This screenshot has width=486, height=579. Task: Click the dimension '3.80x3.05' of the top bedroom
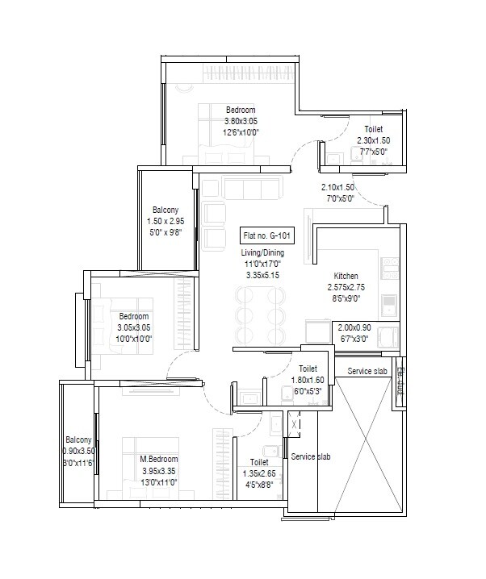pos(241,121)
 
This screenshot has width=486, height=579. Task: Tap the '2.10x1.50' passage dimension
pos(337,187)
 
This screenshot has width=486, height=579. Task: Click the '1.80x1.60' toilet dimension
pos(308,380)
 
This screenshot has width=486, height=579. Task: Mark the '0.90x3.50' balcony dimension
pos(79,452)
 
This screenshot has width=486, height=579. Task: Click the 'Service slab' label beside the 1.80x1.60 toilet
pos(367,371)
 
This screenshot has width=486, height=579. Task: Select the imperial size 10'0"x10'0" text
pos(134,339)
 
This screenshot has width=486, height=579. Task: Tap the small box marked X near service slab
pos(295,422)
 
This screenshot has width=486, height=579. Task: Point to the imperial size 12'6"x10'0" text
pos(241,132)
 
